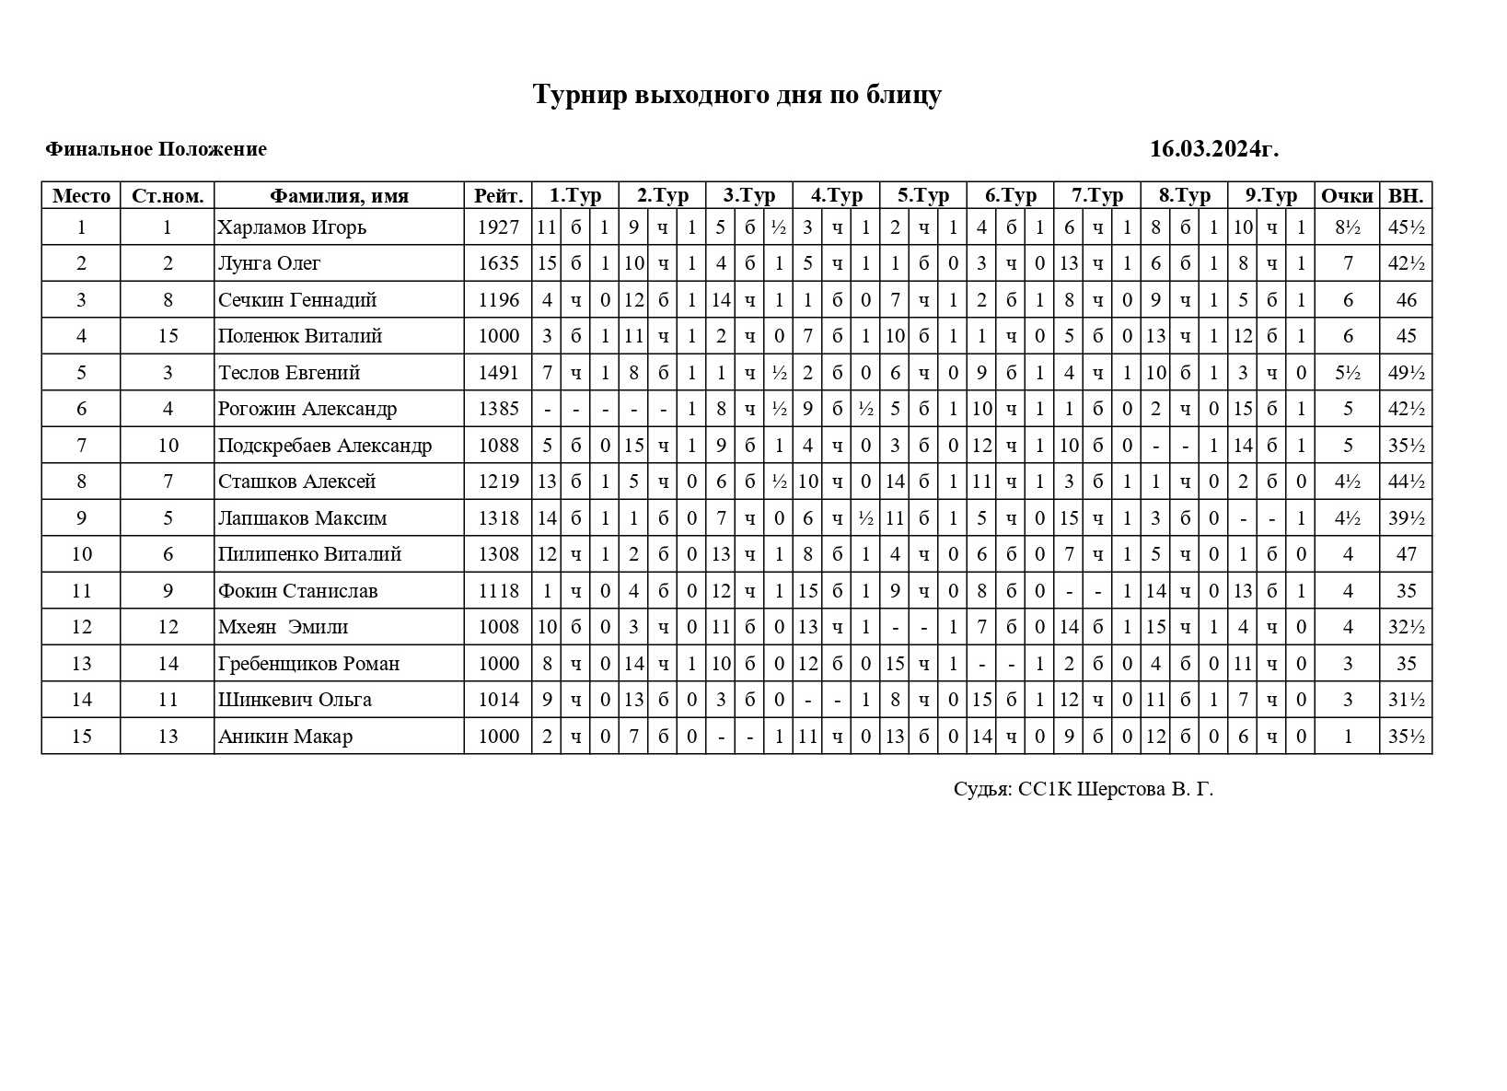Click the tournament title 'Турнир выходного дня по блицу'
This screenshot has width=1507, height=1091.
click(737, 95)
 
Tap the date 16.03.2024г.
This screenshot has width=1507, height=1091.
click(1213, 149)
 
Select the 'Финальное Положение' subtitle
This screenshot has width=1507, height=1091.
click(156, 149)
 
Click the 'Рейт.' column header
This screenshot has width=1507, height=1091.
click(498, 196)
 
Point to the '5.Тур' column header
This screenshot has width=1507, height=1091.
click(923, 196)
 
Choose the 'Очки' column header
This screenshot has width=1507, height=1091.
click(1347, 196)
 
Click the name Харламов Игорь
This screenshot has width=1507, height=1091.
click(292, 227)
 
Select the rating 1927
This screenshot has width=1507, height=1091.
click(498, 227)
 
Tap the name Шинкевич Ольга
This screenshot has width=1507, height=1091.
click(295, 700)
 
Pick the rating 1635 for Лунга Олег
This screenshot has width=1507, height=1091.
click(498, 263)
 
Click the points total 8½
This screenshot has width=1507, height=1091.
click(1348, 227)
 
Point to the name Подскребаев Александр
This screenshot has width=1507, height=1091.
click(325, 446)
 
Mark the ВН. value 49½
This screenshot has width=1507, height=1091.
click(1406, 373)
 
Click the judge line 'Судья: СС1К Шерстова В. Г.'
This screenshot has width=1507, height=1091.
click(1084, 789)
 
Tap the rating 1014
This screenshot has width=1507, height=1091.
click(498, 700)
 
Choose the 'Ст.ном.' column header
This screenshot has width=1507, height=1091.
click(168, 196)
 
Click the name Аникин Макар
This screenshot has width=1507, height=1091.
click(284, 737)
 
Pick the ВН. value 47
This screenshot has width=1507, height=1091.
click(1406, 554)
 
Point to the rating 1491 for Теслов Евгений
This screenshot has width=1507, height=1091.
click(498, 373)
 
